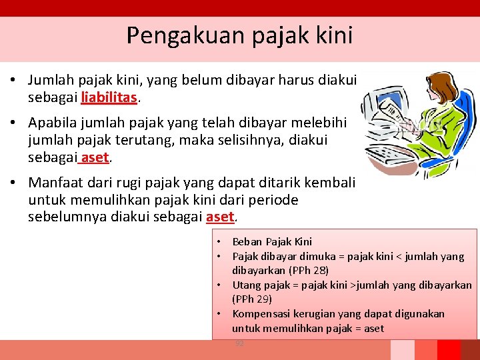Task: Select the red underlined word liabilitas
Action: [x=109, y=97]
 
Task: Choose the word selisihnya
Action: [x=247, y=140]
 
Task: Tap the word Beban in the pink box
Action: [x=247, y=242]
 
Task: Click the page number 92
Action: [x=239, y=343]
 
